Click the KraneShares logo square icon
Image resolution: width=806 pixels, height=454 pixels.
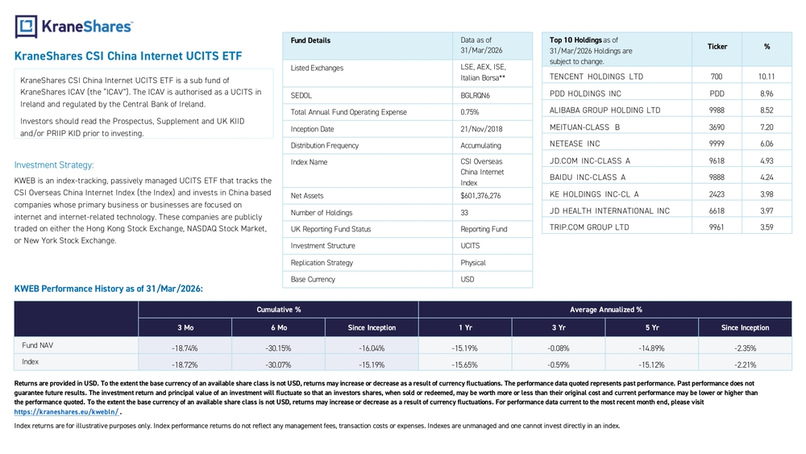pyautogui.click(x=26, y=27)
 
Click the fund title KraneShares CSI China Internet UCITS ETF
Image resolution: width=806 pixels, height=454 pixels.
pyautogui.click(x=128, y=56)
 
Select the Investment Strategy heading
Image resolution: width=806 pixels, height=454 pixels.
pyautogui.click(x=54, y=165)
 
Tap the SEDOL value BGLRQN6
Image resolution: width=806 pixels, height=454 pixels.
pyautogui.click(x=475, y=96)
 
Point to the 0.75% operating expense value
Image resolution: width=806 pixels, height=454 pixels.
pyautogui.click(x=469, y=112)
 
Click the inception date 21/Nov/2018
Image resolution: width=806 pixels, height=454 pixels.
pyautogui.click(x=481, y=129)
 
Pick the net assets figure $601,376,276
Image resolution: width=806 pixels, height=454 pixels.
pyautogui.click(x=480, y=196)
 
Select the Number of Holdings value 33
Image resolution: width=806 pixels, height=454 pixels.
pyautogui.click(x=464, y=213)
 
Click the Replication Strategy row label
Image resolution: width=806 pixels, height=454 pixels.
pyautogui.click(x=322, y=263)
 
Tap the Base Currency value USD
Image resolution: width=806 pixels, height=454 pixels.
pyautogui.click(x=467, y=280)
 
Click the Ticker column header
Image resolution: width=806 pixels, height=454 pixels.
pyautogui.click(x=717, y=47)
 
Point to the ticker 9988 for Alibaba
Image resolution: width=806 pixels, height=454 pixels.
pyautogui.click(x=717, y=110)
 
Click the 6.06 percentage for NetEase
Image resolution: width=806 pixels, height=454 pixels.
pyautogui.click(x=767, y=144)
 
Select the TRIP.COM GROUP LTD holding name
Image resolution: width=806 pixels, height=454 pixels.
pyautogui.click(x=589, y=227)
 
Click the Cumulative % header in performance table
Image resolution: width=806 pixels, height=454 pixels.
pyautogui.click(x=279, y=310)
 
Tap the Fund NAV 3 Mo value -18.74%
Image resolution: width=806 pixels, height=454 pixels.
pyautogui.click(x=185, y=348)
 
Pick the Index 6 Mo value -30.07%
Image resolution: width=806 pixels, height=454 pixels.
pyautogui.click(x=278, y=365)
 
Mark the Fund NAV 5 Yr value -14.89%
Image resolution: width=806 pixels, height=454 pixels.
pyautogui.click(x=651, y=348)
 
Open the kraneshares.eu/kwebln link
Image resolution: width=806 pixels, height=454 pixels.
pyautogui.click(x=66, y=412)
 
